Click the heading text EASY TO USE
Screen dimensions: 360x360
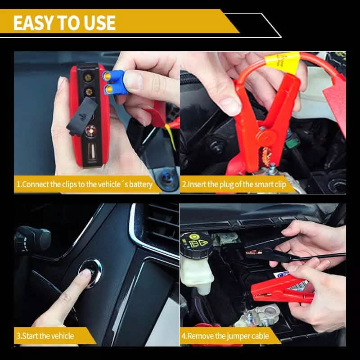pos(64,22)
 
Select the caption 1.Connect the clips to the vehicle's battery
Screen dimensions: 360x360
pos(84,184)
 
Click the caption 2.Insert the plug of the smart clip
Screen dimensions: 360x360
pos(234,184)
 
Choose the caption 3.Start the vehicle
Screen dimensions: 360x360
pos(45,336)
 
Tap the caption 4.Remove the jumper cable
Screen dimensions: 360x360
pos(225,336)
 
